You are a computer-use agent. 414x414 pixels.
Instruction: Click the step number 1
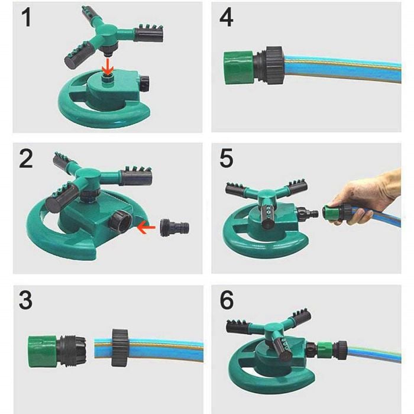pos(26,17)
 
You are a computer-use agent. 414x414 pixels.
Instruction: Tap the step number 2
pos(26,159)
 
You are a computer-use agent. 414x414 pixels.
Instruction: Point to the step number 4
pos(227,17)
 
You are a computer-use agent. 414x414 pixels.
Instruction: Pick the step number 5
pos(227,159)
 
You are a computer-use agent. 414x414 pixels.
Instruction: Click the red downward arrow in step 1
pos(107,67)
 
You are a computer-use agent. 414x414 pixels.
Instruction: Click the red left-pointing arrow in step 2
pos(147,227)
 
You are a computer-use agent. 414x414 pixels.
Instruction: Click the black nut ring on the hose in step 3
pos(120,348)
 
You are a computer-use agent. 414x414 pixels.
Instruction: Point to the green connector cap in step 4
pos(239,68)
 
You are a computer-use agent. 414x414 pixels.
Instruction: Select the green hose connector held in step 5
pos(332,214)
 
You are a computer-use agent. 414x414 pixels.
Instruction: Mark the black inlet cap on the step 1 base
pos(144,83)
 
